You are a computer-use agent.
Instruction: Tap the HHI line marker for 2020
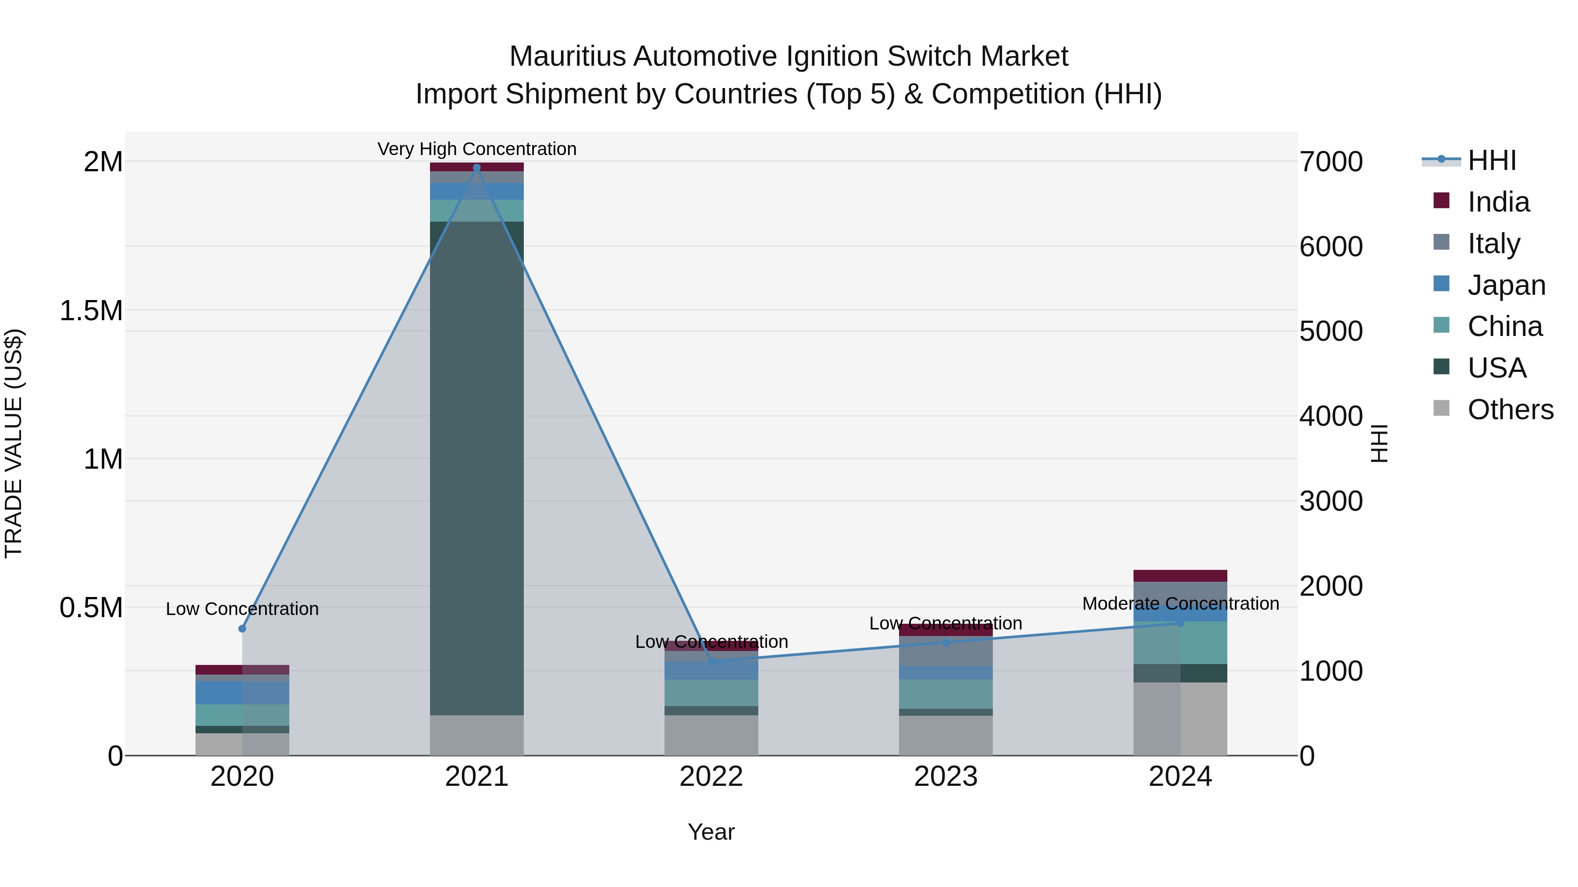(x=242, y=629)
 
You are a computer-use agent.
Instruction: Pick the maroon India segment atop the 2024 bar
(x=1180, y=576)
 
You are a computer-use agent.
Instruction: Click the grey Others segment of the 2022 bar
(x=711, y=735)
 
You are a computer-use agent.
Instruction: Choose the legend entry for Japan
(x=1506, y=285)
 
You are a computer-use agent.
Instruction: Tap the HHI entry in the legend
(x=1492, y=160)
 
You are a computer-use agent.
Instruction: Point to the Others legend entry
(x=1510, y=410)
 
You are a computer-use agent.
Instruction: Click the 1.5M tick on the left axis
(x=91, y=311)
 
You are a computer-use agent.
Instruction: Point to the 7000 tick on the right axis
(x=1330, y=162)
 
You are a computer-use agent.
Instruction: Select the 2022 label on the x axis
(x=711, y=777)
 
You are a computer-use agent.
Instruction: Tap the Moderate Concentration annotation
(x=1180, y=604)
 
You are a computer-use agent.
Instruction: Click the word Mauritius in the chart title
(x=567, y=57)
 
